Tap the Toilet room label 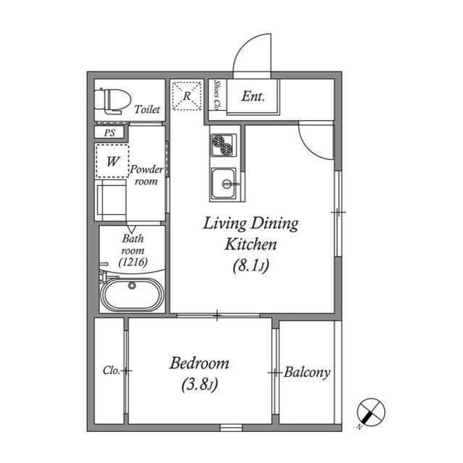pyautogui.click(x=147, y=110)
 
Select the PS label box pyautogui.click(x=109, y=133)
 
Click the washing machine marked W pyautogui.click(x=112, y=162)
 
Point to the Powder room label pyautogui.click(x=146, y=175)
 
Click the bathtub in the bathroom pyautogui.click(x=132, y=294)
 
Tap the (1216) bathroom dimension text pyautogui.click(x=132, y=263)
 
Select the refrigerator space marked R pyautogui.click(x=186, y=96)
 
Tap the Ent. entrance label pyautogui.click(x=252, y=95)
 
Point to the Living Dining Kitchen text pyautogui.click(x=250, y=233)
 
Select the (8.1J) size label pyautogui.click(x=250, y=266)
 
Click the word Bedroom pyautogui.click(x=199, y=363)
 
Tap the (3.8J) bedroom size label pyautogui.click(x=199, y=385)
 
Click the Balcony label pyautogui.click(x=307, y=373)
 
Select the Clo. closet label pyautogui.click(x=111, y=370)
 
